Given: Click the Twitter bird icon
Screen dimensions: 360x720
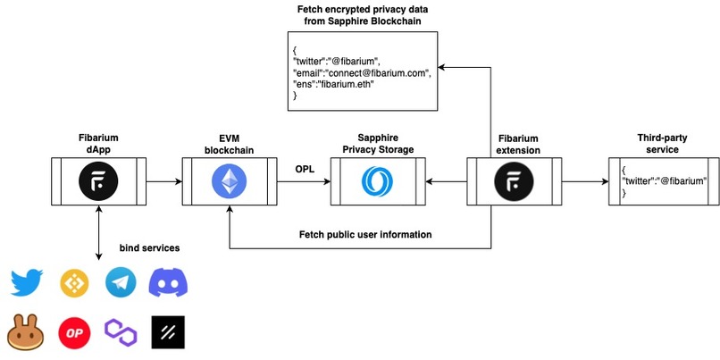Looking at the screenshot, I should tap(27, 283).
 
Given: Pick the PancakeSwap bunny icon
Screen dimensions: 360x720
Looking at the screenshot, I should tap(27, 331).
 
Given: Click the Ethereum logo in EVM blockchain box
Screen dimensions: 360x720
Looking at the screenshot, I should tap(230, 183).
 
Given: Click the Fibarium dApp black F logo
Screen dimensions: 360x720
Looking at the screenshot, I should tap(94, 183).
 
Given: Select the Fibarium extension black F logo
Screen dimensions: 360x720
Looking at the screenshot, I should tap(513, 183).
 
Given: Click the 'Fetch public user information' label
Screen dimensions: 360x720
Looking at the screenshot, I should tap(365, 234).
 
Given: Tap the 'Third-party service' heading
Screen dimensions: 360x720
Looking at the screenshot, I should tap(660, 144).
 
